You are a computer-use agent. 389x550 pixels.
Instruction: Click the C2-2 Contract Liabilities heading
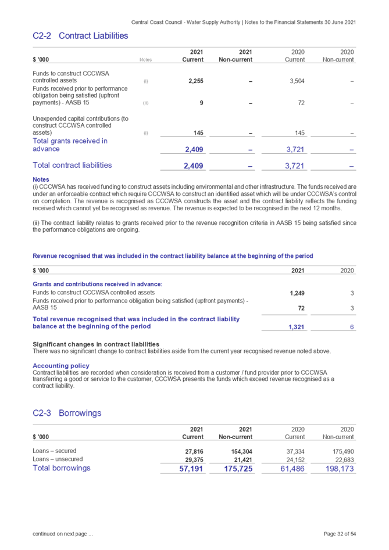point(80,36)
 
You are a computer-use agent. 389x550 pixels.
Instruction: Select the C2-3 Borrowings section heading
point(67,413)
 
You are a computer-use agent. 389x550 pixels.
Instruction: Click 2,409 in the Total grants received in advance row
point(194,150)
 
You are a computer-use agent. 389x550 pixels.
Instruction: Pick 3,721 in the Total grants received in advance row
point(295,150)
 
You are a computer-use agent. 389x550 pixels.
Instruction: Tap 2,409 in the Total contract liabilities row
point(194,166)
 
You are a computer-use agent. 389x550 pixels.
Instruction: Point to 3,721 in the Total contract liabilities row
point(295,166)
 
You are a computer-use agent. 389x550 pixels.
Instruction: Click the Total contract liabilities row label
point(73,166)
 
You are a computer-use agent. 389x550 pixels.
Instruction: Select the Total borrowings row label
point(62,468)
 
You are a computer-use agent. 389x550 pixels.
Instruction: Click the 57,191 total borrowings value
point(191,468)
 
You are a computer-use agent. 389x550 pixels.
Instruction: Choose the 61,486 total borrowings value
point(293,468)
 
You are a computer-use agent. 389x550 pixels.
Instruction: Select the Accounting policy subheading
point(61,366)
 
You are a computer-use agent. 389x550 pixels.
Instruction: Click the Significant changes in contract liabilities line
point(96,344)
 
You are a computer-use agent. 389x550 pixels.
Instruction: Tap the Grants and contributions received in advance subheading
point(97,284)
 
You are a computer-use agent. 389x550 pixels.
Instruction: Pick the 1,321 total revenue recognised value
point(297,327)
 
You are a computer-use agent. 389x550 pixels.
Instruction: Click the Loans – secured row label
point(54,451)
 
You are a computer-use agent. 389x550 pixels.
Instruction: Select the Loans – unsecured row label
point(57,459)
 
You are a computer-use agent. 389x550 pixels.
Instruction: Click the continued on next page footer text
point(62,534)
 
